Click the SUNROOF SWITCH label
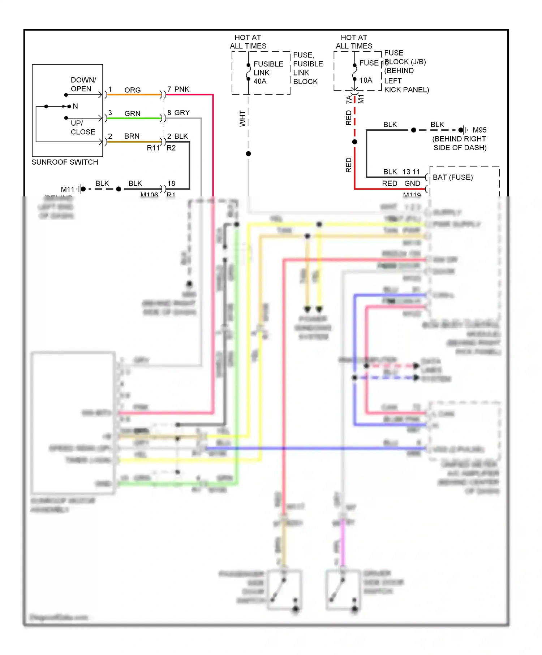pyautogui.click(x=65, y=162)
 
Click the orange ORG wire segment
pyautogui.click(x=134, y=95)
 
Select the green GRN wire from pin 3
pyautogui.click(x=134, y=118)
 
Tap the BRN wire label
pyautogui.click(x=132, y=136)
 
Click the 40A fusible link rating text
pyautogui.click(x=260, y=81)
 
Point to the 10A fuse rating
pyautogui.click(x=366, y=80)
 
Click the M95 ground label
pyautogui.click(x=479, y=130)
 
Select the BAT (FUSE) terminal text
pyautogui.click(x=452, y=177)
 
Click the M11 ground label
pyautogui.click(x=67, y=189)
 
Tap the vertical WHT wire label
pyautogui.click(x=242, y=119)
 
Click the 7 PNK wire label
pyautogui.click(x=178, y=89)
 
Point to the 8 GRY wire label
pyautogui.click(x=178, y=113)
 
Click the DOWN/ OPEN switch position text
pyautogui.click(x=83, y=84)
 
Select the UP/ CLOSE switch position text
pyautogui.click(x=83, y=127)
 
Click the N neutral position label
pyautogui.click(x=75, y=106)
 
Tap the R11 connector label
pyautogui.click(x=153, y=148)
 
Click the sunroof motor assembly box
pyautogui.click(x=73, y=423)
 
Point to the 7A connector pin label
pyautogui.click(x=349, y=99)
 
